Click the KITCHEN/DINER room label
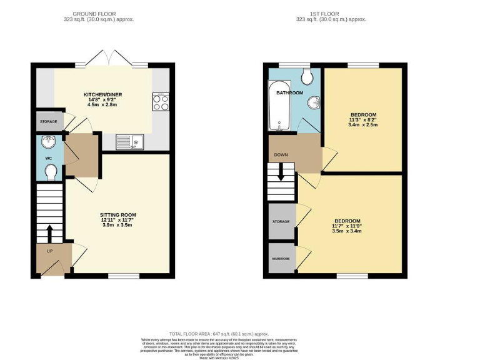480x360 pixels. [x=103, y=95]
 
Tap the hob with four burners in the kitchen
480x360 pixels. [x=160, y=101]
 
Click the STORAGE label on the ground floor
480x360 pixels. [x=48, y=121]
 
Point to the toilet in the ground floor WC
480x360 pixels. [x=51, y=170]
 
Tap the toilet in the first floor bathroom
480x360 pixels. [x=306, y=76]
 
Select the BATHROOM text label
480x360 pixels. [x=291, y=93]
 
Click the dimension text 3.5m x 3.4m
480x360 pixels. [x=347, y=231]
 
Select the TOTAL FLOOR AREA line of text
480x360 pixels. [x=240, y=334]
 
